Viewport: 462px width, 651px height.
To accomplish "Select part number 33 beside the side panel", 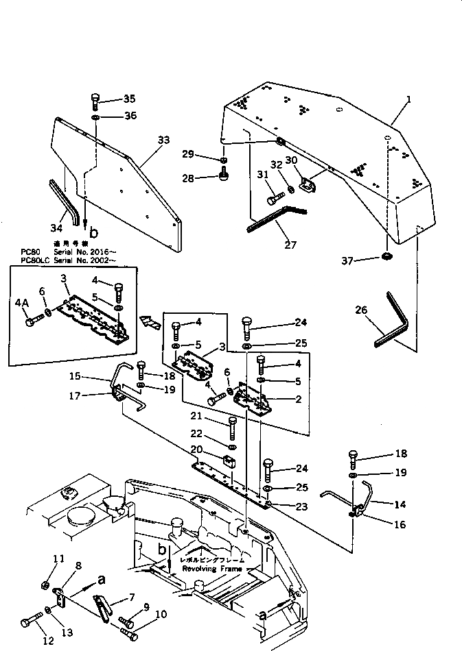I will point(163,140).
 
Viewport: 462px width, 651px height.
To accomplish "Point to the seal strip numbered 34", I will point(62,199).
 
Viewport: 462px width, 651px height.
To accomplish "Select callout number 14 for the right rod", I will point(399,504).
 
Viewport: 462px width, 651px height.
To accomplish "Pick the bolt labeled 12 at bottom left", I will point(25,622).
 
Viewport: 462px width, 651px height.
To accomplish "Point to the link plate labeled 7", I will point(103,607).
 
